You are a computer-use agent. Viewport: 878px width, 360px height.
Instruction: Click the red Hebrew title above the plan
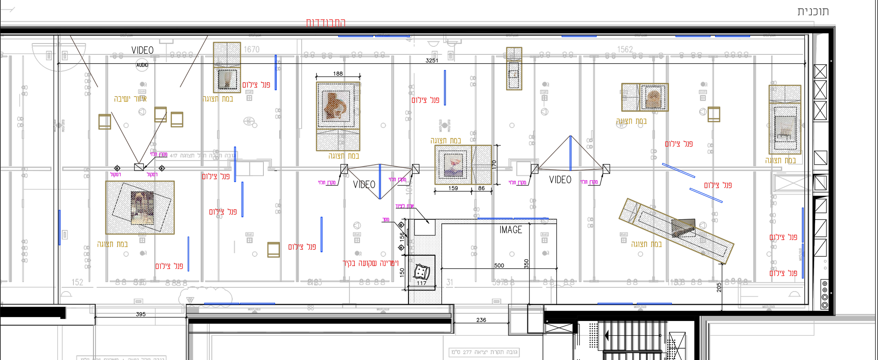pyautogui.click(x=326, y=23)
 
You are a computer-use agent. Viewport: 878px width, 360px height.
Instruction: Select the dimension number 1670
pyautogui.click(x=251, y=50)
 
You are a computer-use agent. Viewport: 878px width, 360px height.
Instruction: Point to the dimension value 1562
pyautogui.click(x=625, y=50)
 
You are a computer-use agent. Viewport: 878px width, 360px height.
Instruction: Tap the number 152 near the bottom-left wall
pyautogui.click(x=77, y=282)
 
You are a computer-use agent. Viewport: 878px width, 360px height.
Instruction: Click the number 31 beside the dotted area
pyautogui.click(x=450, y=282)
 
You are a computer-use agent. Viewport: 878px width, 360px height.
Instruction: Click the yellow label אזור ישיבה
pyautogui.click(x=130, y=99)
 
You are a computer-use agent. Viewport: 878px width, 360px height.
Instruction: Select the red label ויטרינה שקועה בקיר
pyautogui.click(x=371, y=263)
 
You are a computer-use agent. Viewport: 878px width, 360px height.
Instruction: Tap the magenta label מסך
pyautogui.click(x=386, y=220)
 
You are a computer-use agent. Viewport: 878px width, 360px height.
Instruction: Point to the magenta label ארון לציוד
pyautogui.click(x=405, y=206)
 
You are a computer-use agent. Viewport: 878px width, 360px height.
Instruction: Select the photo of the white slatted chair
pyautogui.click(x=785, y=129)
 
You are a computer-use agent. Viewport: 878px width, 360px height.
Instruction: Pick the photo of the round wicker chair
pyautogui.click(x=653, y=97)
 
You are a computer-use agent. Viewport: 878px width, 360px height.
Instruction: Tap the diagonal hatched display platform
pyautogui.click(x=676, y=231)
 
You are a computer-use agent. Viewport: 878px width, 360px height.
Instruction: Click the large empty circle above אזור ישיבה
pyautogui.click(x=142, y=65)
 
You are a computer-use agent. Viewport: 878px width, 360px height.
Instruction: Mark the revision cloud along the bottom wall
pyautogui.click(x=205, y=297)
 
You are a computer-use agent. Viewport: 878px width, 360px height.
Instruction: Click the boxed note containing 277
pyautogui.click(x=484, y=352)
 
